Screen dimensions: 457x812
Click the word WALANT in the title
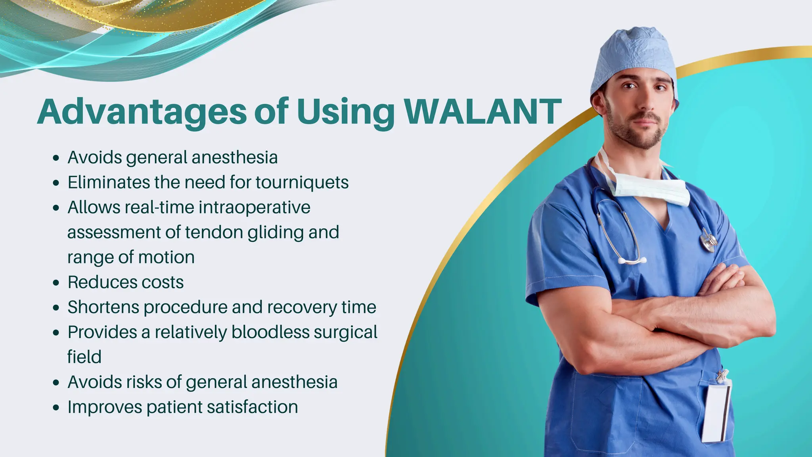(483, 112)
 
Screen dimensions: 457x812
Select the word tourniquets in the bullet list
(302, 182)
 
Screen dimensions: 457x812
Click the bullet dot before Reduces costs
(56, 283)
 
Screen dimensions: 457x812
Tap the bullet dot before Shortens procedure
(56, 308)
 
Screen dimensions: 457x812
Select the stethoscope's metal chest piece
(709, 240)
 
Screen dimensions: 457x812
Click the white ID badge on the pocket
(717, 413)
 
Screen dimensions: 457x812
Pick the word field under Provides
(84, 357)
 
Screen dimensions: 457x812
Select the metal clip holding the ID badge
(722, 375)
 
